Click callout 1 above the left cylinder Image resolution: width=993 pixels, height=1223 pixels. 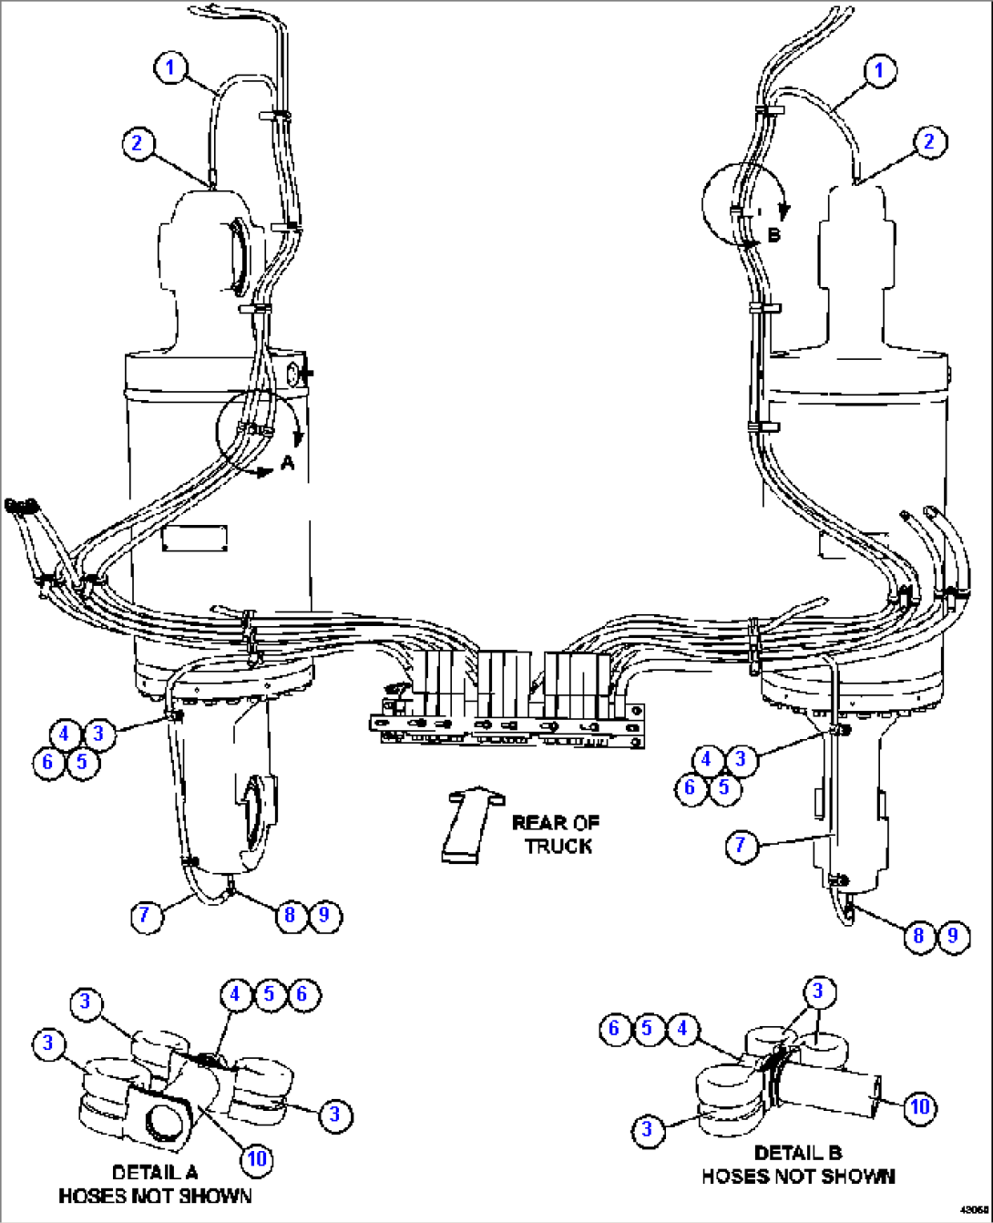click(170, 67)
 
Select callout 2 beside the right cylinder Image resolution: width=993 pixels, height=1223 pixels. click(929, 141)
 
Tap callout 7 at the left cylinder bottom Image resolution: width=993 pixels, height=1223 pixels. click(146, 914)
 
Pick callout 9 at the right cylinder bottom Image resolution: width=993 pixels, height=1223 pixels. click(953, 935)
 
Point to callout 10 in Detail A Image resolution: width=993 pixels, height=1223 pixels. click(257, 1157)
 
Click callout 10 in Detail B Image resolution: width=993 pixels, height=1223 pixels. click(920, 1105)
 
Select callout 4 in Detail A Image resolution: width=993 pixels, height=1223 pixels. click(235, 993)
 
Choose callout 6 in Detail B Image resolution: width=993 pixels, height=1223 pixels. click(614, 1029)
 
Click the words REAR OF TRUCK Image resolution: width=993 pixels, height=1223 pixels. click(557, 834)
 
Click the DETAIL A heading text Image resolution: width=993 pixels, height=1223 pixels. click(154, 1172)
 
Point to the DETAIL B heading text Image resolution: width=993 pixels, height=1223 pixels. click(798, 1152)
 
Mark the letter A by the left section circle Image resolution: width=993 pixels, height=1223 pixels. click(288, 463)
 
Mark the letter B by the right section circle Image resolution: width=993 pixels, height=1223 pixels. click(773, 235)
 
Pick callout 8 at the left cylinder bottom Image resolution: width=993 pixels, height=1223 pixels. click(290, 914)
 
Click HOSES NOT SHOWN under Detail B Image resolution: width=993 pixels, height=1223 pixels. click(798, 1177)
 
